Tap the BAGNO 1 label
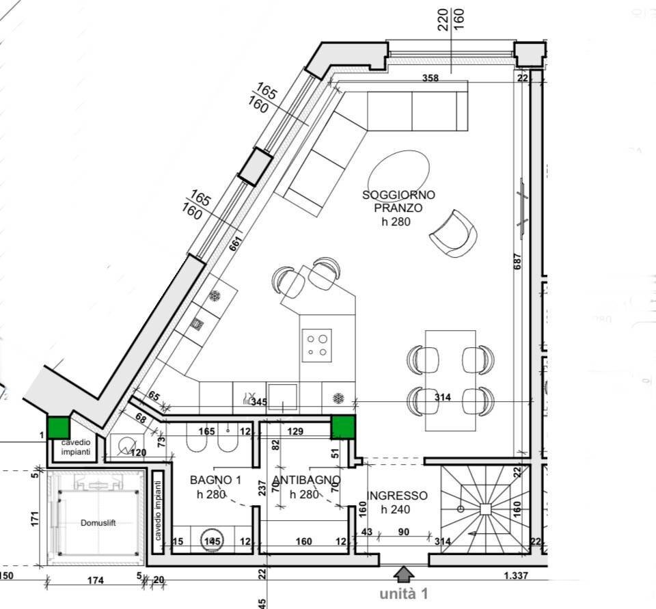pos(215,487)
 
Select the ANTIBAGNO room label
pos(297,487)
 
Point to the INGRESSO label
pos(397,502)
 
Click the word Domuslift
pos(98,522)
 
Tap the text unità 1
pos(403,594)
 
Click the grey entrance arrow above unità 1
pos(404,573)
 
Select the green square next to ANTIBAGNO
pos(343,427)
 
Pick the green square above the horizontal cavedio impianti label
pos(59,427)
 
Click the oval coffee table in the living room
pos(400,174)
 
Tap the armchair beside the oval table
pos(453,234)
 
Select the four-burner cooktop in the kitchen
pos(316,345)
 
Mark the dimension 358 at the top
pos(430,78)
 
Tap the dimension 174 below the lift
pos(95,580)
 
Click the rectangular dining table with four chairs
pos(450,380)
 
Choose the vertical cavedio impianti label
pos(158,510)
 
